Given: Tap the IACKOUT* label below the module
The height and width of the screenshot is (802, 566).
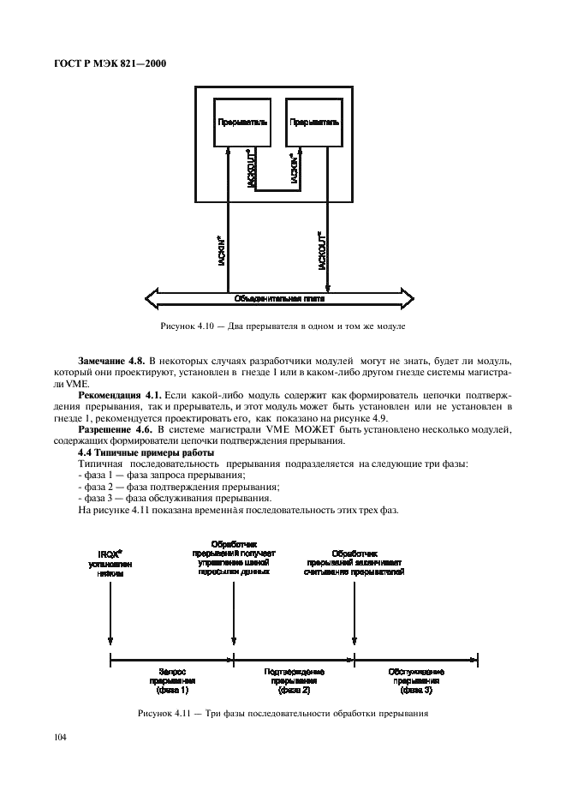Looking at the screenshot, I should pyautogui.click(x=321, y=252).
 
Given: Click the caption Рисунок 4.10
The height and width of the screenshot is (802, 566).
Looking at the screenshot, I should pyautogui.click(x=282, y=326).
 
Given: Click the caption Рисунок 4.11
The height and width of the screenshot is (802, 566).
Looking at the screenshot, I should pyautogui.click(x=282, y=714).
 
